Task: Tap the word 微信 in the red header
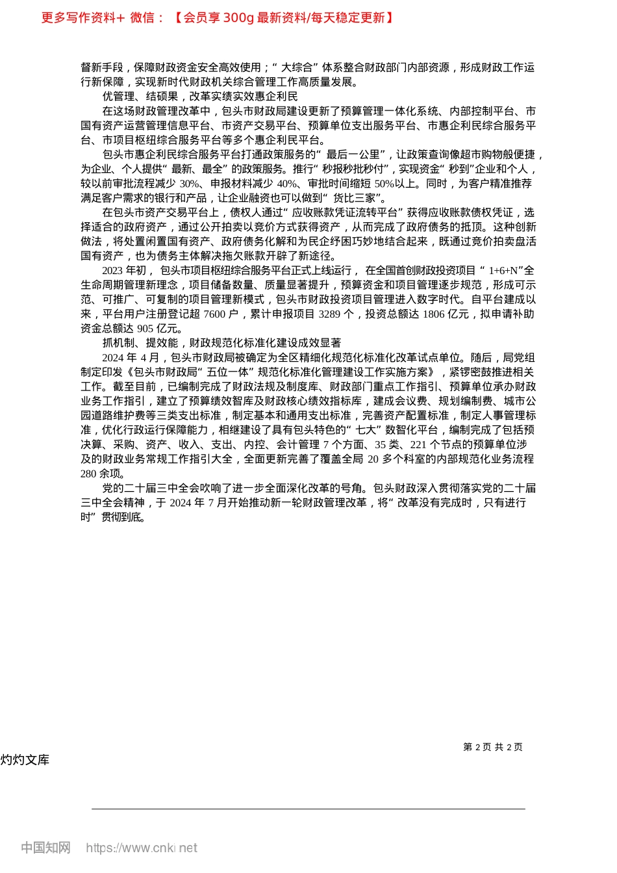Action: click(142, 18)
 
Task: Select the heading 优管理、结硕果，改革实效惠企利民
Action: click(200, 97)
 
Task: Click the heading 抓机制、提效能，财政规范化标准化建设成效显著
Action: click(221, 343)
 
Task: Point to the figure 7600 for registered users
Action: click(214, 314)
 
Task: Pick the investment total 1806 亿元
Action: click(446, 314)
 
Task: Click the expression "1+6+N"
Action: click(505, 271)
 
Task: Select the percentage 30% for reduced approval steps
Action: click(190, 184)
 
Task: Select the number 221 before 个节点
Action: click(418, 445)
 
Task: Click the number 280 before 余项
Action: click(88, 474)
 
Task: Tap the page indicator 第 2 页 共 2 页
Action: click(493, 747)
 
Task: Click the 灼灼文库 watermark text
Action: click(25, 760)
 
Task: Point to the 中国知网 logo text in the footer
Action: click(45, 848)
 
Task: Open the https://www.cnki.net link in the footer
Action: click(142, 848)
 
